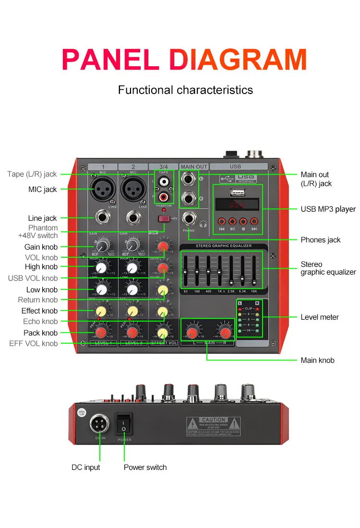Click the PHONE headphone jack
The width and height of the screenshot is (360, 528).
click(189, 219)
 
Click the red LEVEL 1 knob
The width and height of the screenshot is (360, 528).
click(101, 332)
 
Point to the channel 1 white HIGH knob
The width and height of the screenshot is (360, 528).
click(101, 268)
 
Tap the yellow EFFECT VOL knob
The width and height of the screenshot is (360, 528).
click(163, 332)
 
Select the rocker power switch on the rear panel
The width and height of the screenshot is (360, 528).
click(124, 423)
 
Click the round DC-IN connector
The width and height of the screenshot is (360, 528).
click(99, 424)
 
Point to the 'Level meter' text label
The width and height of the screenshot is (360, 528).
click(320, 317)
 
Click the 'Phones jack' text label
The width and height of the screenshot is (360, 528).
click(321, 240)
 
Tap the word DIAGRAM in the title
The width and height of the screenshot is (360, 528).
click(239, 60)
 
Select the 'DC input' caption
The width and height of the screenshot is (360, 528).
click(86, 467)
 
